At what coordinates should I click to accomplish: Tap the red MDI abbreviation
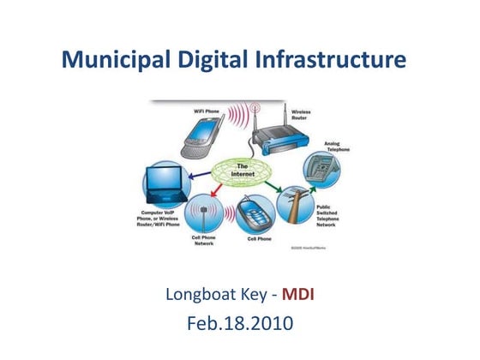301,297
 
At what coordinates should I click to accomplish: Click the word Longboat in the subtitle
200,297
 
